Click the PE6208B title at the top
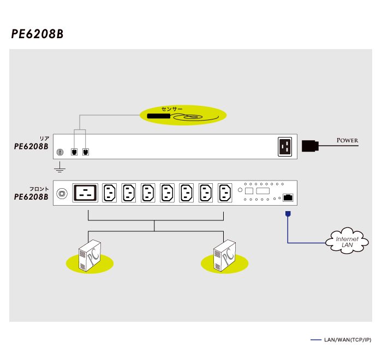coord(37,34)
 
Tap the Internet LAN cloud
coord(348,242)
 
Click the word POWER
coord(348,141)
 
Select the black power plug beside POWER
coord(309,145)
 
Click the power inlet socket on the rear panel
coord(285,146)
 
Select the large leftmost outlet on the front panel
coord(86,193)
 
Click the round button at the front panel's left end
coord(63,193)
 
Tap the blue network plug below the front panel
coord(288,213)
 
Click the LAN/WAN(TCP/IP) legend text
coord(347,340)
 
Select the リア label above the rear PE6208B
coord(44,139)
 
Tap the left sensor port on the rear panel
coord(74,152)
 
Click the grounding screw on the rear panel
coord(61,152)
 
